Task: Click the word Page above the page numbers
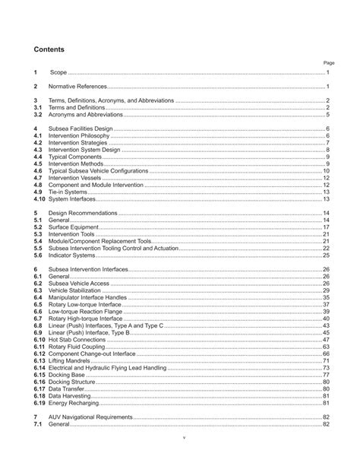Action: pyautogui.click(x=328, y=63)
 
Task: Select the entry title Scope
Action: pyautogui.click(x=58, y=72)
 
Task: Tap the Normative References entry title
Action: pyautogui.click(x=78, y=87)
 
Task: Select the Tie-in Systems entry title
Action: pyautogui.click(x=68, y=192)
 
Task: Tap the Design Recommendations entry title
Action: pyautogui.click(x=84, y=213)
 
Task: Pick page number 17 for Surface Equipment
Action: pyautogui.click(x=326, y=227)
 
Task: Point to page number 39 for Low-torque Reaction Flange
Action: pyautogui.click(x=326, y=312)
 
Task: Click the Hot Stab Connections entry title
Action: pyautogui.click(x=79, y=339)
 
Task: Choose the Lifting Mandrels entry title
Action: pyautogui.click(x=72, y=360)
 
